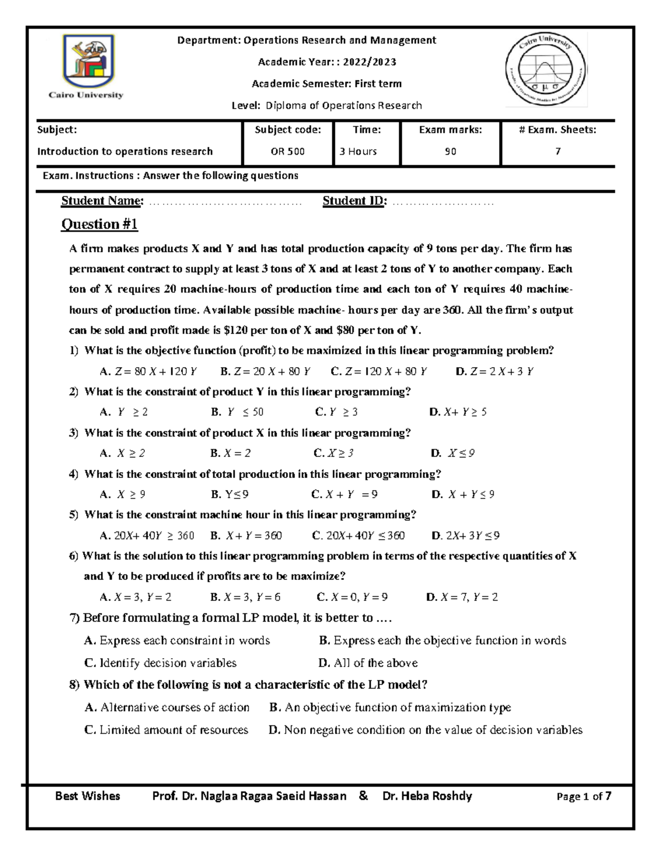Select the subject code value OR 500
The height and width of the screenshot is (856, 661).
pos(288,152)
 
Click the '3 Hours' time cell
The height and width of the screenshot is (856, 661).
pos(358,152)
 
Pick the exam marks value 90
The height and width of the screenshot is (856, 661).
pos(451,152)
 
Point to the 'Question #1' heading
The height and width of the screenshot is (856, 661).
pos(99,224)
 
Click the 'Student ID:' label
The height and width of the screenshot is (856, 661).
pos(355,201)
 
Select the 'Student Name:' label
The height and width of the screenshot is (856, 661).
pos(102,201)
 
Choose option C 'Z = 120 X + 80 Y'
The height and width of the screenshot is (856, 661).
pos(379,372)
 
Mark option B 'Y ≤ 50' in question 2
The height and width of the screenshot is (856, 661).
pos(237,412)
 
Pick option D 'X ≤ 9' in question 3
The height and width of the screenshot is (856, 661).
pos(453,454)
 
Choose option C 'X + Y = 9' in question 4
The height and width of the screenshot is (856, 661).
pos(344,494)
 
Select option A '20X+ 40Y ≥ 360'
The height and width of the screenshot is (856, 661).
pos(147,536)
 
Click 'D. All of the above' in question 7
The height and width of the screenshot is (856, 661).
pos(368,663)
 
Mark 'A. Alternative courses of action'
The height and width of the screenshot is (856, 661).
pos(167,708)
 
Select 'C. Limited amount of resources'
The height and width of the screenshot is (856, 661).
pos(166,730)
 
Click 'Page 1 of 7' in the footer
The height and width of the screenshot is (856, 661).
pos(584,796)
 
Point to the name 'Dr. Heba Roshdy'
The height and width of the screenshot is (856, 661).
pos(427,796)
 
